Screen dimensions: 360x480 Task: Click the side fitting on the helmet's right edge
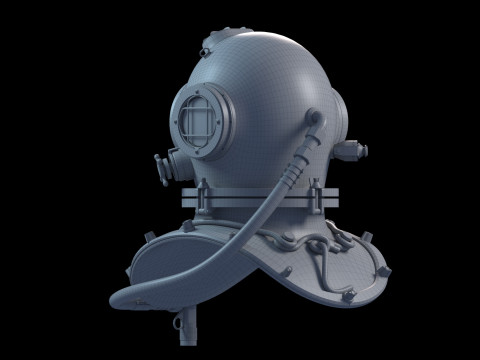point(349,151)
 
